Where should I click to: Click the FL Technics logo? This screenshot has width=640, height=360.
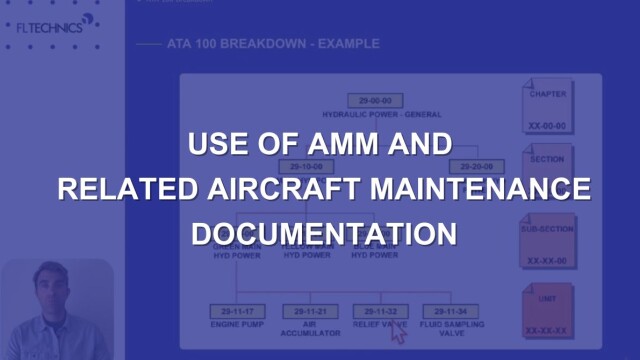point(50,27)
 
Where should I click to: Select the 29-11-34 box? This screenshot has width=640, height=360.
point(447,311)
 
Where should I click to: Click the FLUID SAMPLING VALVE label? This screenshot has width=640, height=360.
point(447,331)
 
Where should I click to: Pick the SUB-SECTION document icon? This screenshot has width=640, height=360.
point(547,240)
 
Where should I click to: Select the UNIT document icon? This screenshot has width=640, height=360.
point(547,311)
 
